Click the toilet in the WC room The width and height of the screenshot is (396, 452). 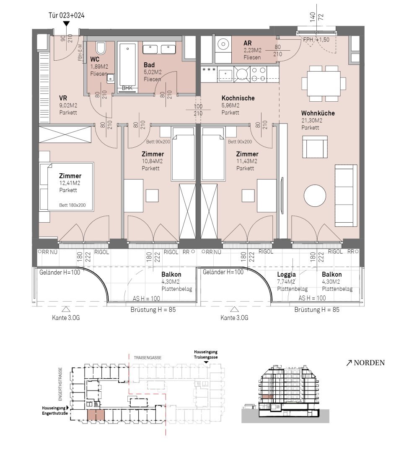coord(101,49)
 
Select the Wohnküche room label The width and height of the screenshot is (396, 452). coord(318,113)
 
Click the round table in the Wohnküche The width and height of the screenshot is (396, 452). coord(315,195)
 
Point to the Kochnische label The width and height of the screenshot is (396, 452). coord(238,98)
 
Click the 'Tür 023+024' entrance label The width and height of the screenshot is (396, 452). coord(66,15)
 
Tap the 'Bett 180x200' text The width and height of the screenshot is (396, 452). coord(72,205)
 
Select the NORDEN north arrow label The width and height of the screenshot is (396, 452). coord(365,362)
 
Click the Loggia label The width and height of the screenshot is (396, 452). coord(286,275)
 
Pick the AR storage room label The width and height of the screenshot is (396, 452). coord(248,43)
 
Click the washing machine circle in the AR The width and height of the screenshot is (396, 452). coord(223,44)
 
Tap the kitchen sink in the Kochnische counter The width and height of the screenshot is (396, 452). coord(225,74)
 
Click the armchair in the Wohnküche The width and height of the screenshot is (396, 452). coord(315,147)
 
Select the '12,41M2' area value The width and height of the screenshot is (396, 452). coord(70,183)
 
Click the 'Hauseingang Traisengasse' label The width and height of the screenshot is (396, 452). coord(206,354)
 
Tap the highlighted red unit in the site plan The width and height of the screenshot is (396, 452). coord(96,415)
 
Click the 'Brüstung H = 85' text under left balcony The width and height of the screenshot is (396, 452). coord(153,310)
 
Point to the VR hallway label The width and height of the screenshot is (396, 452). coord(63,98)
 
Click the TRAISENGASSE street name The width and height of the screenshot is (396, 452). coord(148,358)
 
